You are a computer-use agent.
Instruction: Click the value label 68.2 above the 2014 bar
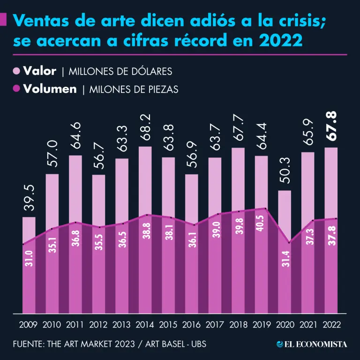(145, 132)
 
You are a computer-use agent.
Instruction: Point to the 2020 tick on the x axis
(285, 324)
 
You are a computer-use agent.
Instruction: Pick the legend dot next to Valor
(16, 71)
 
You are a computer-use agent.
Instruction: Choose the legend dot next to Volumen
(16, 89)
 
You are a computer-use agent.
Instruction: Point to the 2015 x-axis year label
(168, 324)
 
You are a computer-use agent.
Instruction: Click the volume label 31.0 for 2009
(29, 258)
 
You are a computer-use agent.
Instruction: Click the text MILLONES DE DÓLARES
(120, 72)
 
